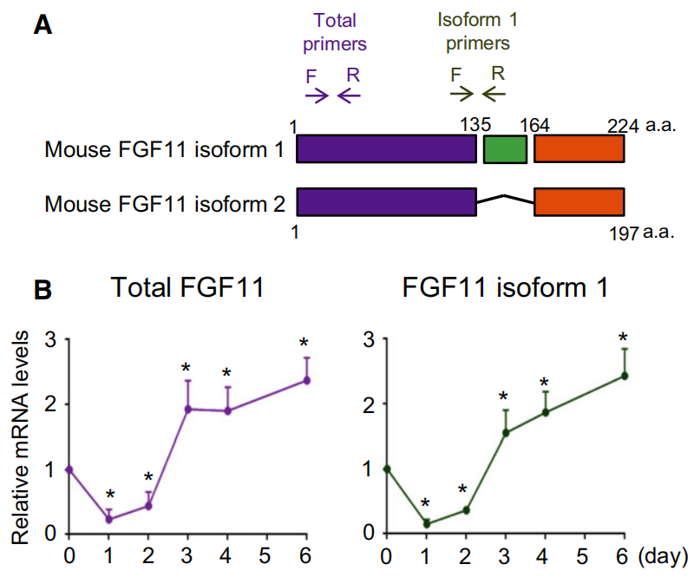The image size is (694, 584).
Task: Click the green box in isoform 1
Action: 505,149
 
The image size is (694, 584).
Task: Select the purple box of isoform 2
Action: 387,201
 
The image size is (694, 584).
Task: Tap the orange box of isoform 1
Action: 579,149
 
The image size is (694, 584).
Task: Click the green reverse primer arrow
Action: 494,93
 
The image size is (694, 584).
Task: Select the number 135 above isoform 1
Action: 476,126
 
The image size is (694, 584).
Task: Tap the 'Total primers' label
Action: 335,32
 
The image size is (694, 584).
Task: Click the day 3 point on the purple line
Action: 187,409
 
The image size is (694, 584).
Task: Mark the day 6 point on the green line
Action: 625,376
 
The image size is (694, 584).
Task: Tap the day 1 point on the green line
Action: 425,523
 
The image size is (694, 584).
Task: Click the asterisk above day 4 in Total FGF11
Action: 226,375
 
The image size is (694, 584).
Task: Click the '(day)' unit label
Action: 665,556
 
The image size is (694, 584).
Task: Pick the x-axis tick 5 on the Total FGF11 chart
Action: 266,556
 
